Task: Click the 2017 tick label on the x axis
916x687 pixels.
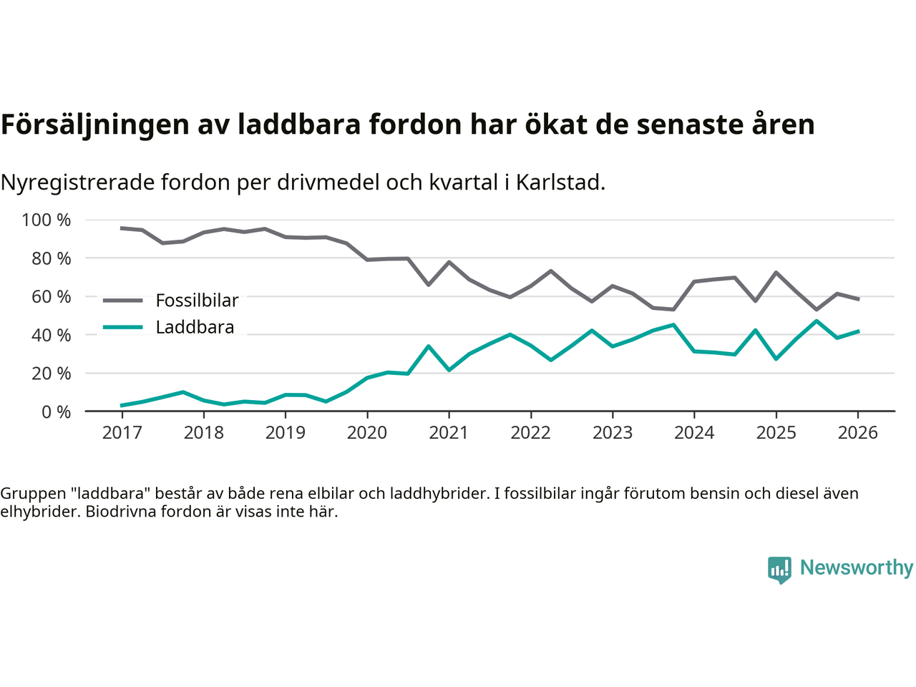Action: [x=122, y=433]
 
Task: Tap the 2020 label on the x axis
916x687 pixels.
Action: [x=367, y=433]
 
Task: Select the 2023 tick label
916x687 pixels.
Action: [x=613, y=433]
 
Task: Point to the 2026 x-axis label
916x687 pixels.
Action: [x=858, y=433]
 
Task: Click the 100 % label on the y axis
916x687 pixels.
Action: [x=47, y=220]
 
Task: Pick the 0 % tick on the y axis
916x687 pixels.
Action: [x=57, y=412]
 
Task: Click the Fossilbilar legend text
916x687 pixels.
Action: [x=197, y=301]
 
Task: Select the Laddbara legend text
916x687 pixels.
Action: [x=195, y=328]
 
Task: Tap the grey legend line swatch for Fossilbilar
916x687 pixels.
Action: [x=123, y=301]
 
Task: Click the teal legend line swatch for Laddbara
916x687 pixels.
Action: [x=123, y=328]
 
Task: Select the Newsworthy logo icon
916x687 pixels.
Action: [x=779, y=570]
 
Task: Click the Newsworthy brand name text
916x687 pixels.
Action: [x=857, y=567]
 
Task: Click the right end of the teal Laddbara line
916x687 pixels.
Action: [x=858, y=331]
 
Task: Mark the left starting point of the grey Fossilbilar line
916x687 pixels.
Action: [x=122, y=228]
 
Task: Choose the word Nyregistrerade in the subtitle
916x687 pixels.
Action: [x=77, y=182]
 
